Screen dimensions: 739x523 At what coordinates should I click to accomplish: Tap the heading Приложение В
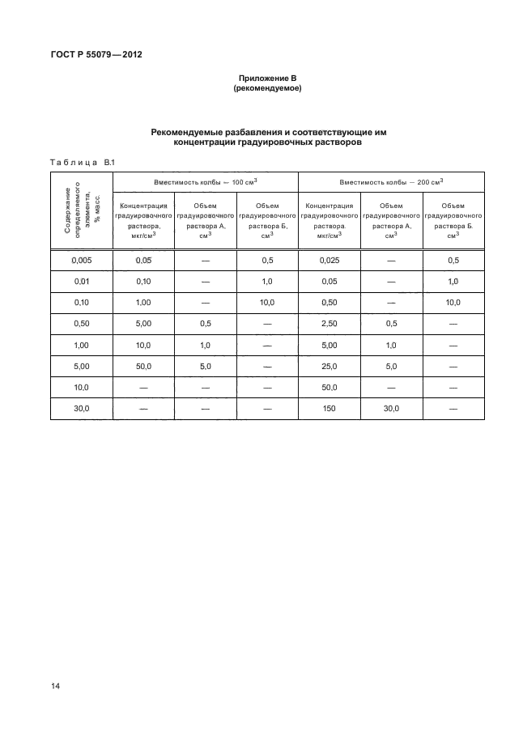tap(266, 78)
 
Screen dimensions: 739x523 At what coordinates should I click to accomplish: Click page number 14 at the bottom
tap(55, 686)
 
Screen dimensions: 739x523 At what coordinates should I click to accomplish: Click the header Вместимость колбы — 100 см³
tap(206, 182)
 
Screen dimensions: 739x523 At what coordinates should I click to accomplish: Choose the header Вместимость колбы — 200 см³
tap(391, 182)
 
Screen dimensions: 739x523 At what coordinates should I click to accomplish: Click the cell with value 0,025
tap(329, 261)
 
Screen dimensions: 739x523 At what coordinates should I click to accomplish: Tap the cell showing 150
tap(329, 410)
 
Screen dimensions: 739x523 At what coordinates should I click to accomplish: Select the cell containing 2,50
tap(329, 324)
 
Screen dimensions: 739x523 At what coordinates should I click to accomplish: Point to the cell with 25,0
tap(329, 367)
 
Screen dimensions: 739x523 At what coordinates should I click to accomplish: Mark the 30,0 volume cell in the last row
tap(391, 410)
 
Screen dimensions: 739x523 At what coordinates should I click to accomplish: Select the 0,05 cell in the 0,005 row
tap(143, 261)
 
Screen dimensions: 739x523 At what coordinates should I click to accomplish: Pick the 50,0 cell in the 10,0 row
tap(329, 388)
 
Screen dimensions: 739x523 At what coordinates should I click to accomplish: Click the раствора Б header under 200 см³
tap(453, 227)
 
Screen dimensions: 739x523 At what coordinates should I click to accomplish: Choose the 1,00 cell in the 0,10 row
tap(143, 303)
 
